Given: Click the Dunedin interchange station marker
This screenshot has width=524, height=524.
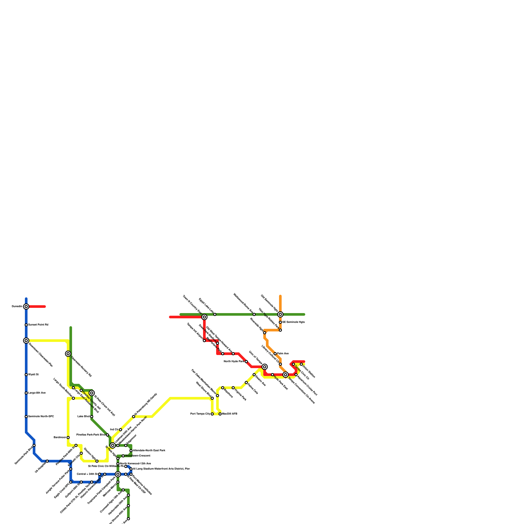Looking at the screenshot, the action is [26, 307].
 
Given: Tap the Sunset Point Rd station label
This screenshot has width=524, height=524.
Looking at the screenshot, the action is [38, 325].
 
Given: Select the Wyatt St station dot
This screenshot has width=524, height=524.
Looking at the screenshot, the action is [26, 375].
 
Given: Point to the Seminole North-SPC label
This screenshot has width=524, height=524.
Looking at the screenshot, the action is [41, 417].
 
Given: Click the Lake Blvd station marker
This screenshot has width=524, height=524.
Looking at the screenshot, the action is [92, 417].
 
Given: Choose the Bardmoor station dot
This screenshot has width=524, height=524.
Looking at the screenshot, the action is [68, 438].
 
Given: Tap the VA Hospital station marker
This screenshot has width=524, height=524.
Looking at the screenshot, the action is [47, 461].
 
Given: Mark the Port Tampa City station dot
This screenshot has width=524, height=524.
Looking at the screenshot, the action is [212, 414].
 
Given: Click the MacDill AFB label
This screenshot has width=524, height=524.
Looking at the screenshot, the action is [230, 414].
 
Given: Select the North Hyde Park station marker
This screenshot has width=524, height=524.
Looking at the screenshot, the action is [246, 362].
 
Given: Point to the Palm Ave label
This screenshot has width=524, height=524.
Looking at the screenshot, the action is [283, 354].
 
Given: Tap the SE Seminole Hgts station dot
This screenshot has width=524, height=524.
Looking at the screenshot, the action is [280, 322].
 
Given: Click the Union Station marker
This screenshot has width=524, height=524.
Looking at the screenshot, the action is [301, 364].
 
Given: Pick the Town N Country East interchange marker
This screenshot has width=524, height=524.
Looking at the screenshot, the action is [204, 317].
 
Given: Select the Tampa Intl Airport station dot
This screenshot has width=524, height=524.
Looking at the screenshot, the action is [204, 341].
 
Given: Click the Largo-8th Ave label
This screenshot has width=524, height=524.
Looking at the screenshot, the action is [37, 393].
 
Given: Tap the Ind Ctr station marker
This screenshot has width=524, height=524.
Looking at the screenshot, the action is [121, 430].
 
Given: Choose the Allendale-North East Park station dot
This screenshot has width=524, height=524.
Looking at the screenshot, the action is [131, 451].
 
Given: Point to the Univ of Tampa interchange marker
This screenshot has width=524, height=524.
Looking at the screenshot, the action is [265, 367].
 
